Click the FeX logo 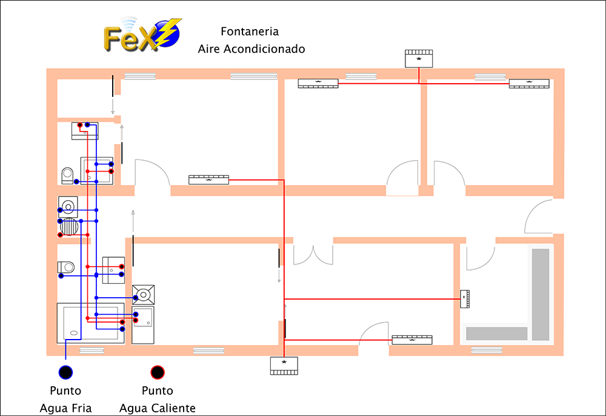pyautogui.click(x=142, y=35)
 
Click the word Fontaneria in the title pyautogui.click(x=250, y=32)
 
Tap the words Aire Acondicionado pyautogui.click(x=251, y=49)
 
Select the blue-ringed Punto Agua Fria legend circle pyautogui.click(x=65, y=372)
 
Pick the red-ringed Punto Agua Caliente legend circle pyautogui.click(x=158, y=372)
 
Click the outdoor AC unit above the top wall pyautogui.click(x=419, y=59)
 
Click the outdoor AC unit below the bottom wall pyautogui.click(x=284, y=366)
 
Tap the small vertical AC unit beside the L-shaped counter pyautogui.click(x=465, y=299)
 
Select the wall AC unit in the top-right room pyautogui.click(x=529, y=84)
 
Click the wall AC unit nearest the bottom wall pyautogui.click(x=412, y=340)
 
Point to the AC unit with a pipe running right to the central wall pyautogui.click(x=208, y=179)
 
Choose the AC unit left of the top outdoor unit pyautogui.click(x=318, y=83)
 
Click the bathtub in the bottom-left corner pyautogui.click(x=91, y=323)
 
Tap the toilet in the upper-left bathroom pyautogui.click(x=68, y=176)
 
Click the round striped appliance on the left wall pyautogui.click(x=70, y=227)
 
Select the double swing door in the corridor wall pyautogui.click(x=313, y=255)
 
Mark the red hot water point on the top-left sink pyautogui.click(x=79, y=126)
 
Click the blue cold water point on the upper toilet pyautogui.click(x=76, y=182)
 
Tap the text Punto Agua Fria pyautogui.click(x=65, y=400)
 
